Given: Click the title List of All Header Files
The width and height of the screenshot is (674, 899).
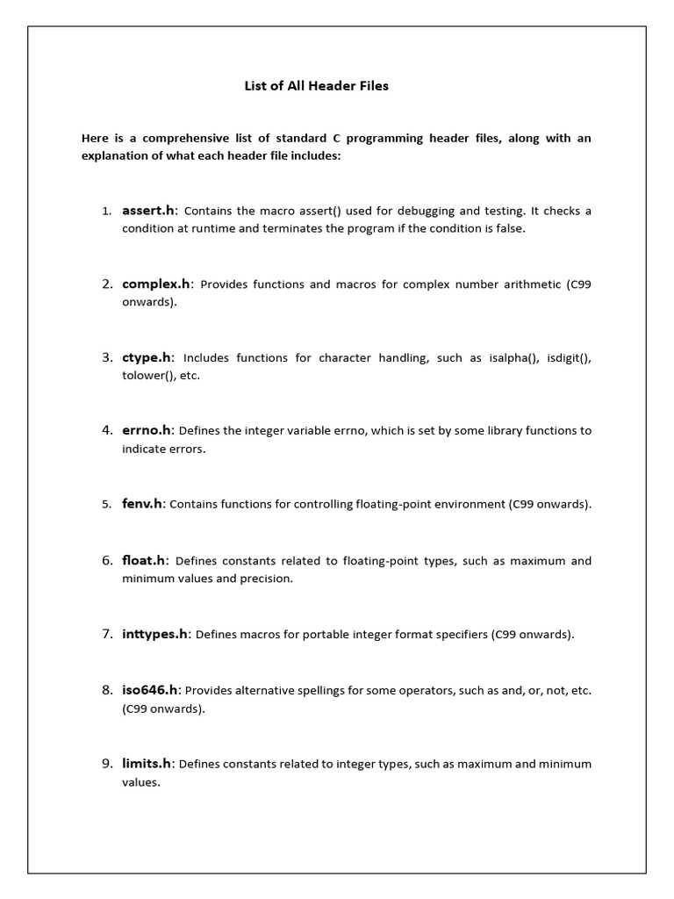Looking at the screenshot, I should coord(316,86).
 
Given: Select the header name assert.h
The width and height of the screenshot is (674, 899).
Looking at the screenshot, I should coord(149,211).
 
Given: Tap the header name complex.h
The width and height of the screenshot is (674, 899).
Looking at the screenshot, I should coord(156,284).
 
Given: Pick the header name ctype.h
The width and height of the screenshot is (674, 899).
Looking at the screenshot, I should coord(147,357).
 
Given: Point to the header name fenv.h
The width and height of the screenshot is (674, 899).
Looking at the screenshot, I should coord(142,504).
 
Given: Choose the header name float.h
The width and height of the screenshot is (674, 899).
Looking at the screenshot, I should coord(144,560).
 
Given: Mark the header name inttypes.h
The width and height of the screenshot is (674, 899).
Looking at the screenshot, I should coord(154,634).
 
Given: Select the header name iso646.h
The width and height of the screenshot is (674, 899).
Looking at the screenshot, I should coord(150,690).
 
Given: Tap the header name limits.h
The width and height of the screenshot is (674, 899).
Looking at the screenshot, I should coord(147,764).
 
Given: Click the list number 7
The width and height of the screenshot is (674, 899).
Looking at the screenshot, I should coord(107,634).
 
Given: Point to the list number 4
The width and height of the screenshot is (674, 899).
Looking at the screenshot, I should coord(107,430).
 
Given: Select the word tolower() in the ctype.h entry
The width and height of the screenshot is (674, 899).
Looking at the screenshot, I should coord(145,376).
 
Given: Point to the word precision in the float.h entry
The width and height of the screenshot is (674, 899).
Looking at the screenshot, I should coord(267,579).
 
